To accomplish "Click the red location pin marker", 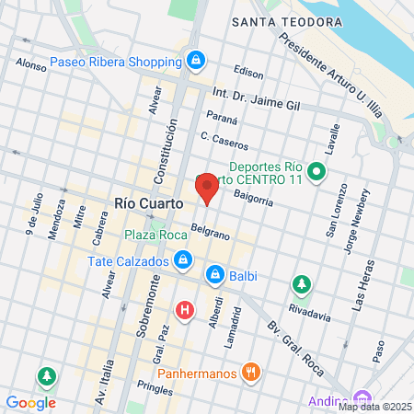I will [x=207, y=188].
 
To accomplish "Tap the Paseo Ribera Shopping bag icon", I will [x=195, y=62].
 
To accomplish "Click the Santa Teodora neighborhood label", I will [x=288, y=20].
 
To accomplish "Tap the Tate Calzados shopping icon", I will [x=184, y=260].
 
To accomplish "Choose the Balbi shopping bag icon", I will [x=215, y=273].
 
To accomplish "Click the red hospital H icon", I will [x=185, y=310].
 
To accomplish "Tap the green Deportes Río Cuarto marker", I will [x=316, y=171].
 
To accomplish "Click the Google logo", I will [x=30, y=402].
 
